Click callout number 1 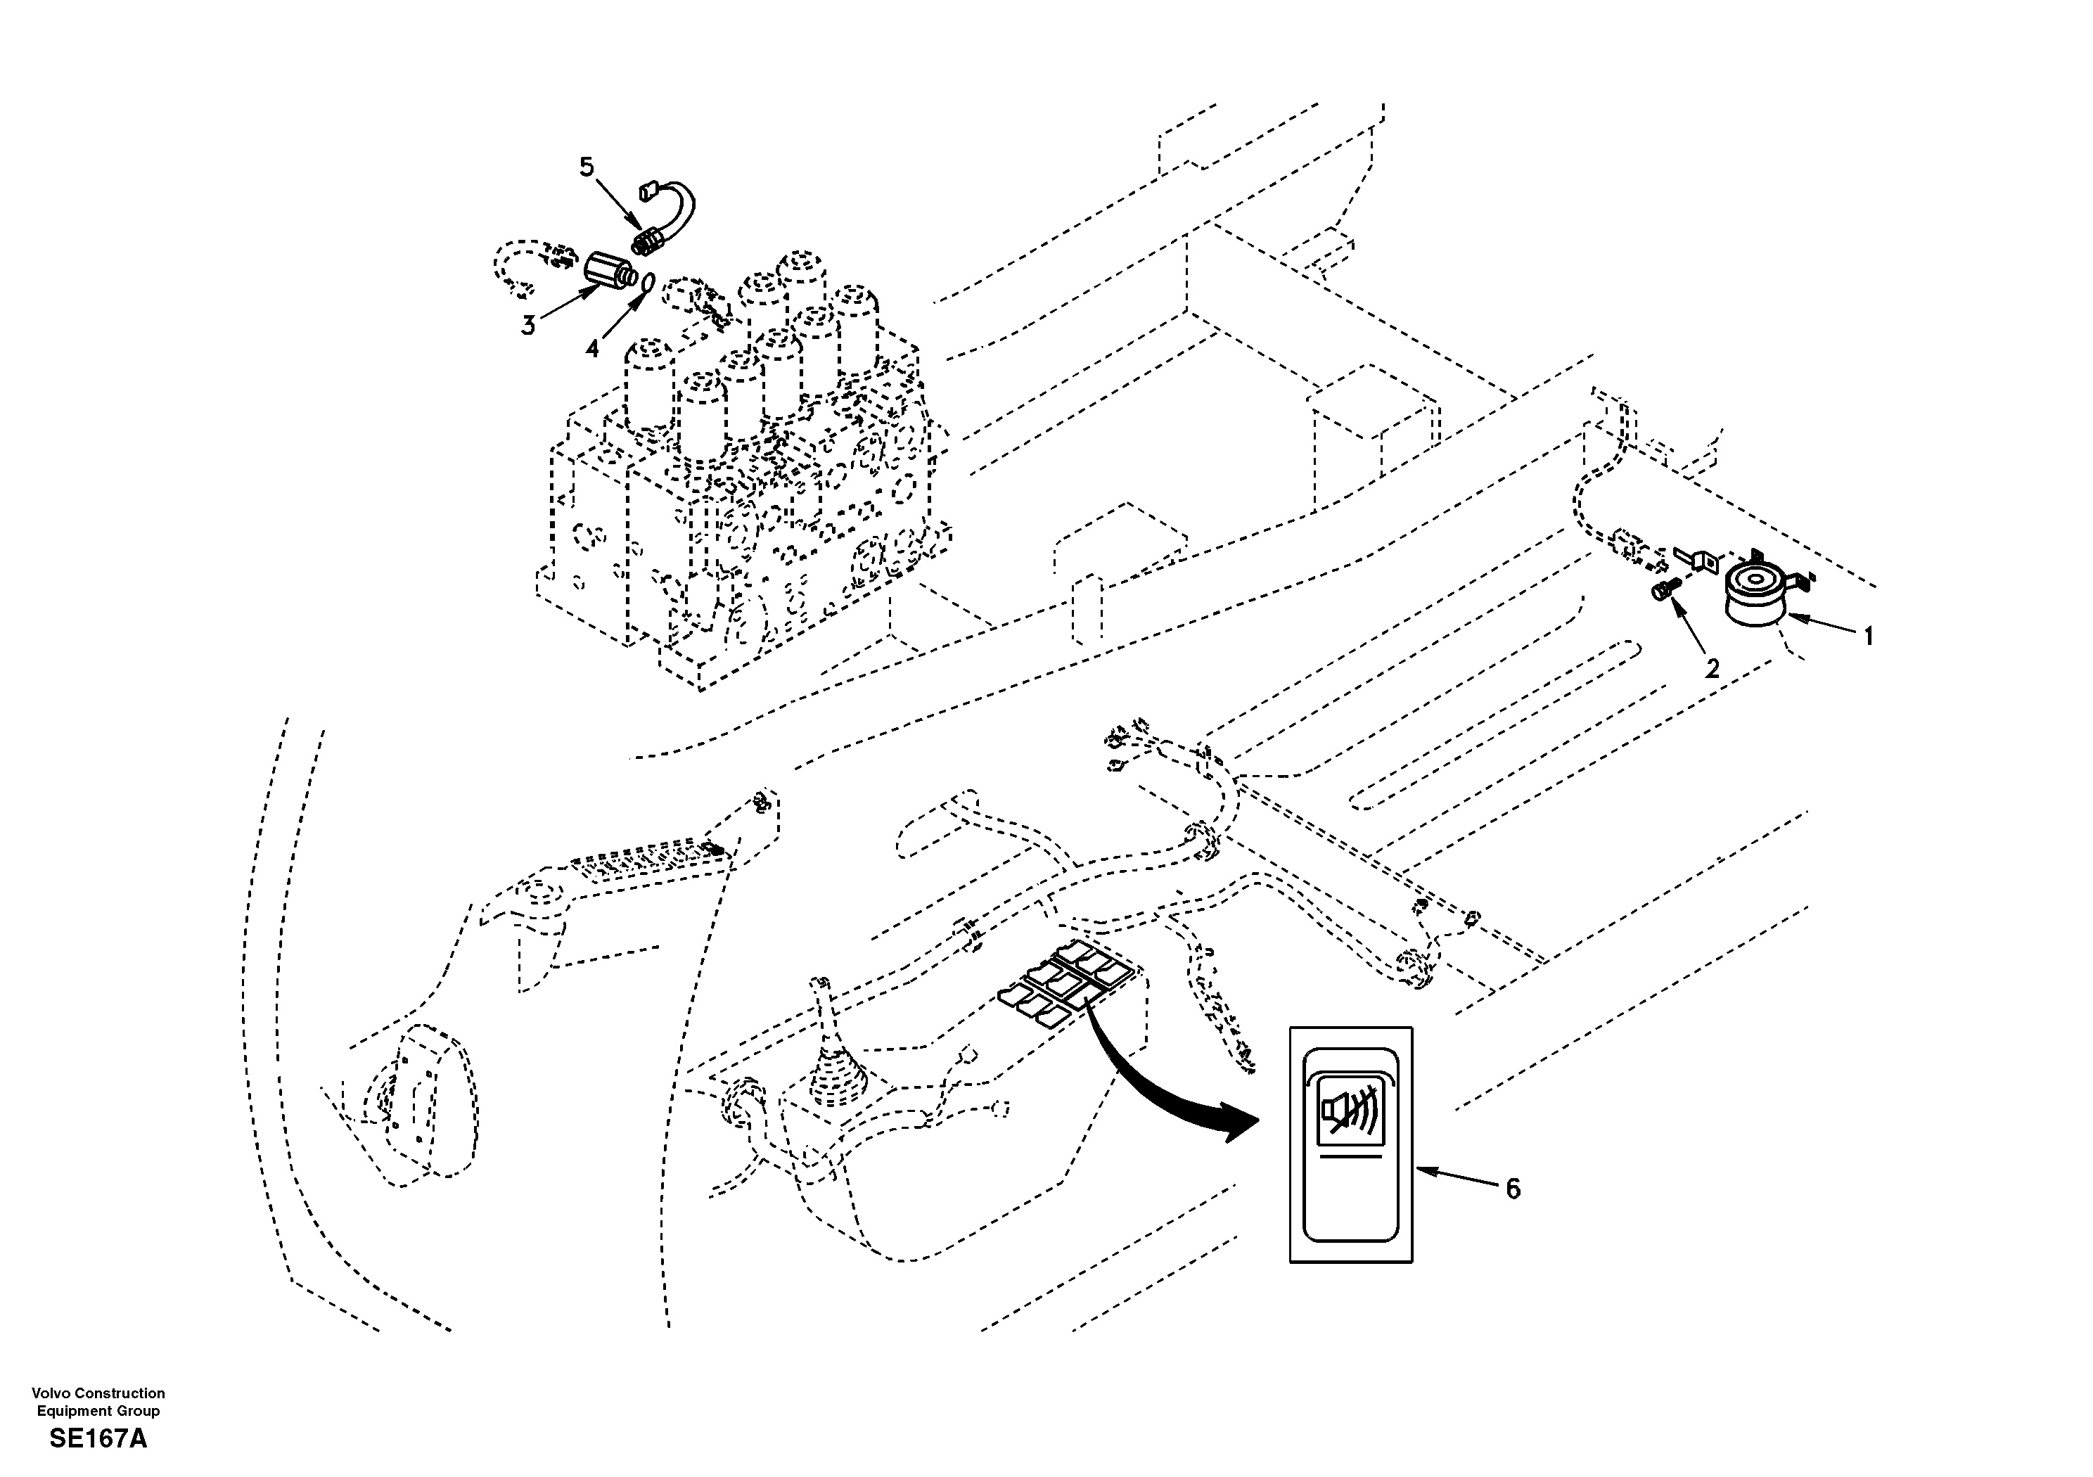click(x=1868, y=636)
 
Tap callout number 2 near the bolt click(x=1712, y=669)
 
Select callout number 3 click(x=527, y=326)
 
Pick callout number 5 click(x=586, y=167)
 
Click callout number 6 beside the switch click(x=1512, y=1188)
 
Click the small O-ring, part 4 click(x=646, y=283)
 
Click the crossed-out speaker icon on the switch click(x=1350, y=1115)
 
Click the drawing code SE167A click(x=98, y=1440)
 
